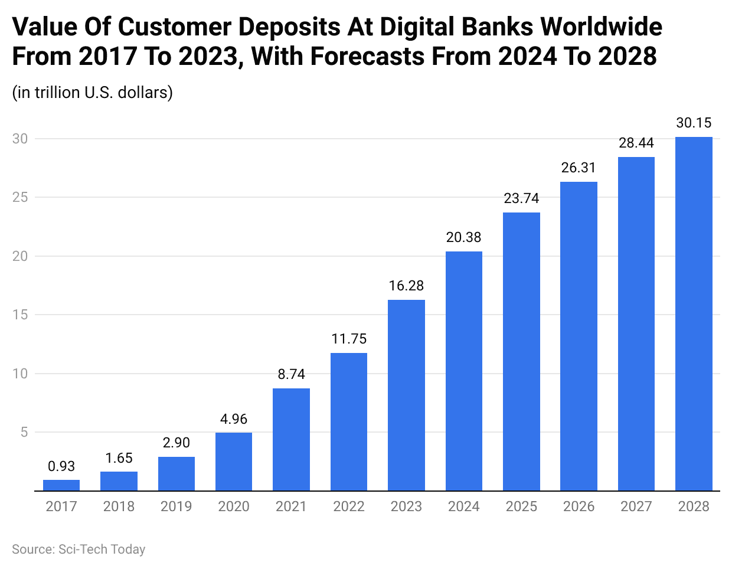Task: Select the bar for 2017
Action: [61, 485]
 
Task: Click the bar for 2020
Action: [234, 462]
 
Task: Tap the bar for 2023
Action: [406, 395]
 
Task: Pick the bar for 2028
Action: [694, 314]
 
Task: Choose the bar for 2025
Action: [521, 352]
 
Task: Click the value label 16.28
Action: [406, 286]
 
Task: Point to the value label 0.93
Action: [61, 466]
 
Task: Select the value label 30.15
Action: [694, 123]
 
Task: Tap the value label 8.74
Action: [292, 374]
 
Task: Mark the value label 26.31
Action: [579, 168]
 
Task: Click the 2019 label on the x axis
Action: [177, 506]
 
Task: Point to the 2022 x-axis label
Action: [349, 506]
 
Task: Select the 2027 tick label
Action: [636, 506]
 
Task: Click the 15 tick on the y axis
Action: [21, 315]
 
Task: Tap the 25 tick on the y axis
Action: [21, 197]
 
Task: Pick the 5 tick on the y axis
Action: [24, 432]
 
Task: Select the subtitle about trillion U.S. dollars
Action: [93, 93]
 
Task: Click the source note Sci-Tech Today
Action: [79, 550]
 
